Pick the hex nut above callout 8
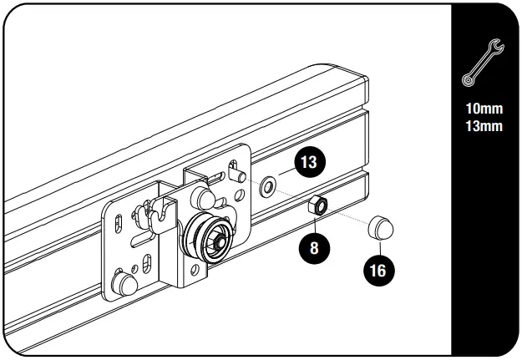pos(318,206)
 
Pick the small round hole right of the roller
pos(243,197)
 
